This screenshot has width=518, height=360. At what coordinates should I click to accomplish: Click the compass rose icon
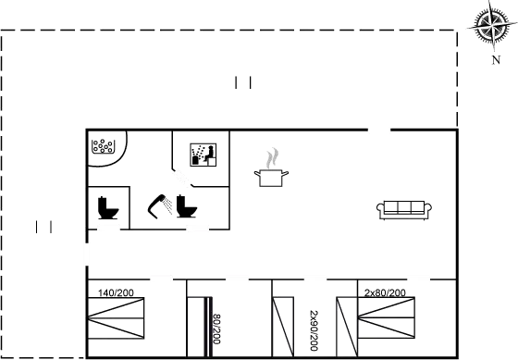point(493,25)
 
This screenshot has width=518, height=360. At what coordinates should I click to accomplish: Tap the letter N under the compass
point(496,60)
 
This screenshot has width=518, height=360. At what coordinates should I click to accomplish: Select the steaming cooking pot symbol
point(271,168)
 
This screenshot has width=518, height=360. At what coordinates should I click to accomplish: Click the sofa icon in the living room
point(404,210)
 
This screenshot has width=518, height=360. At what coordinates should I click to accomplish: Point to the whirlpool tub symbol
point(103,146)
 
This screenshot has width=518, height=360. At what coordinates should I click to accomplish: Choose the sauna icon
point(203,155)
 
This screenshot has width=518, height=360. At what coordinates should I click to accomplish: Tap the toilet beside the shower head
point(186,206)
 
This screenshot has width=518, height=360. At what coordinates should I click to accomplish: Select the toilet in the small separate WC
point(108,207)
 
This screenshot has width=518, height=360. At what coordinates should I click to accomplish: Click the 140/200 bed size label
point(116,292)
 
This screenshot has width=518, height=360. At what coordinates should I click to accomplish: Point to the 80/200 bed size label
point(216,329)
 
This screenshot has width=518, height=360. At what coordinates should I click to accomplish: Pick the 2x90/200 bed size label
point(314,330)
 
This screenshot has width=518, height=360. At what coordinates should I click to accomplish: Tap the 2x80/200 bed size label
point(385,292)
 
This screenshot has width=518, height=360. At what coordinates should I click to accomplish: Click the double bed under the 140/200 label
point(116,318)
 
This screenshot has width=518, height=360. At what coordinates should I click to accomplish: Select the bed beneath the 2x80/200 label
point(387,318)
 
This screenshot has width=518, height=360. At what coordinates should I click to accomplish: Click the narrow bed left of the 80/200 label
point(196,327)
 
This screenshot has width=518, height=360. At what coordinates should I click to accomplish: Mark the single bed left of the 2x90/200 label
point(283,327)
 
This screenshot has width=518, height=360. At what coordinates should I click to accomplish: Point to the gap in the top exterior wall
point(379,130)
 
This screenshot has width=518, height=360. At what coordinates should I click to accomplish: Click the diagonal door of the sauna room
point(182,179)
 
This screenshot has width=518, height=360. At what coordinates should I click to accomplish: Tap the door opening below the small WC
point(108,228)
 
